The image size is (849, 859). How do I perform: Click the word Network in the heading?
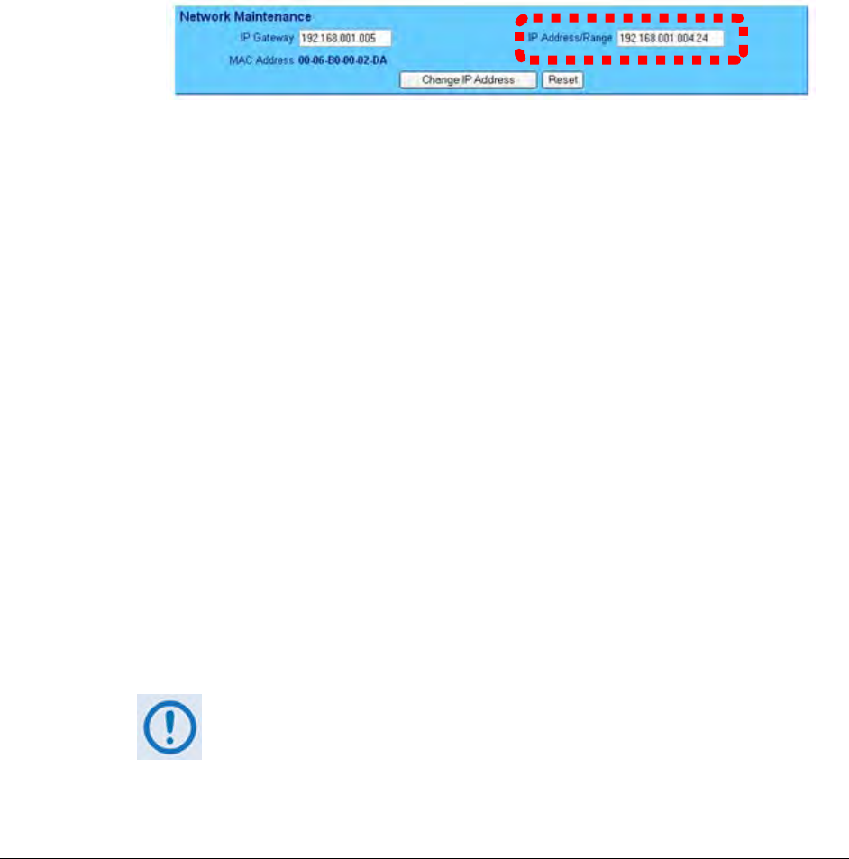click(x=205, y=16)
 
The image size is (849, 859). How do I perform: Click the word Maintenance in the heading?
click(x=272, y=16)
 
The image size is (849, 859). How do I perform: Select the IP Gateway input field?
click(x=345, y=38)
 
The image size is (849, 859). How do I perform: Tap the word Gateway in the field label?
click(x=273, y=38)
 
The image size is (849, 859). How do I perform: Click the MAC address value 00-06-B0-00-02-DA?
click(x=342, y=60)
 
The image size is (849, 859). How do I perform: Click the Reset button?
click(x=562, y=80)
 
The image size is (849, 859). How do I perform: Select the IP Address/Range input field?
click(x=670, y=38)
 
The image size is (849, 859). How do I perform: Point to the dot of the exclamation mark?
click(x=169, y=740)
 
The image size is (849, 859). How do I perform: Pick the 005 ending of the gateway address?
click(x=368, y=39)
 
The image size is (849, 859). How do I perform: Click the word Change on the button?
click(x=439, y=80)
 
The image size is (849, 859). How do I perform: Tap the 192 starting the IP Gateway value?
click(x=308, y=39)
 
